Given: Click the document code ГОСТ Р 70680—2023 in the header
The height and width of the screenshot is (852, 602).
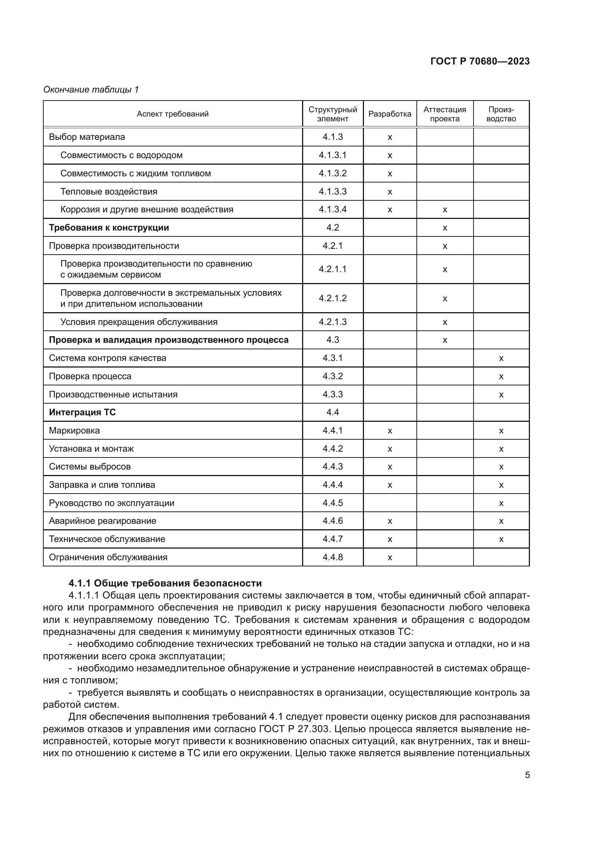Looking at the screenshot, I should pos(480,61).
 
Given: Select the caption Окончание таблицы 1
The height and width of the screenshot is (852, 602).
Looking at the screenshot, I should pos(91,90).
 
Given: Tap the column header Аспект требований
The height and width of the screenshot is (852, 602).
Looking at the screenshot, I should pos(173,114).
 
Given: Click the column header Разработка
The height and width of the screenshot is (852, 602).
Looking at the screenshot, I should pos(389,114).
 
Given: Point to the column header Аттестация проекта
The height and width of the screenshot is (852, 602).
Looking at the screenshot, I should pos(444,114).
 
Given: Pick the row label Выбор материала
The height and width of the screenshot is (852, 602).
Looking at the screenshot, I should pos(87,137).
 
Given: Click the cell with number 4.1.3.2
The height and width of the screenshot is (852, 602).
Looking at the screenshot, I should pos(333,173).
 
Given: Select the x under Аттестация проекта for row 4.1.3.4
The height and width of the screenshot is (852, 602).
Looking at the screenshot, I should pos(445,210).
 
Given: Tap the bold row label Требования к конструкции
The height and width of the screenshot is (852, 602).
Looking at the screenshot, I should pos(108,227).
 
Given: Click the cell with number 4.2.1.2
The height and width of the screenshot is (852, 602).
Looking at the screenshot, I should pos(333,298).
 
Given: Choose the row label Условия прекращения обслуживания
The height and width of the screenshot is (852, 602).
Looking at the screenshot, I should pos(139,322).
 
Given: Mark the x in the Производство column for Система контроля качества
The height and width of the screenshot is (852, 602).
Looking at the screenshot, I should pos(501,358).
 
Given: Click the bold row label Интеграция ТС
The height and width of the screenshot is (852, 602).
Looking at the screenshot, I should pos(82,412).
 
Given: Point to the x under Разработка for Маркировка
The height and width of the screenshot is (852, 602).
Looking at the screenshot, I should pos(389,431).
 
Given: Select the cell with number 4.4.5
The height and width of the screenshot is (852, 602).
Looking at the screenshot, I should pos(333,503).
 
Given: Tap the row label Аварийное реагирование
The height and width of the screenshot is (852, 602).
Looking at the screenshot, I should pos(102,521).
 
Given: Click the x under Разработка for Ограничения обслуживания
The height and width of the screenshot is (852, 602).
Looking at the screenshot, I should pos(389,557).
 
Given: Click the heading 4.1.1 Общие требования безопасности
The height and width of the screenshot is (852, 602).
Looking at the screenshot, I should pos(165,583).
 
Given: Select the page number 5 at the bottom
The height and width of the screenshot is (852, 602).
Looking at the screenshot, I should pos(527,775).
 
